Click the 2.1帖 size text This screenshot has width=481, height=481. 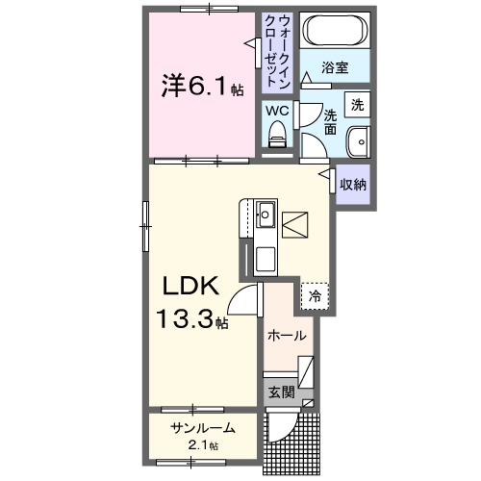[202, 445]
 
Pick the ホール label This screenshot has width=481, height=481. [288, 336]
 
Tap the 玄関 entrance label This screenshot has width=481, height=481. [281, 392]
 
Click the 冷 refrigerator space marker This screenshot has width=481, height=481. [315, 297]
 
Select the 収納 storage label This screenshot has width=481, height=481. [353, 184]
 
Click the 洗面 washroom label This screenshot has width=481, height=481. [330, 121]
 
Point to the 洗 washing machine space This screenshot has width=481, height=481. [357, 104]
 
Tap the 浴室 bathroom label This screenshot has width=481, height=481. [335, 69]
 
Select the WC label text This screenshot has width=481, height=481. [277, 110]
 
